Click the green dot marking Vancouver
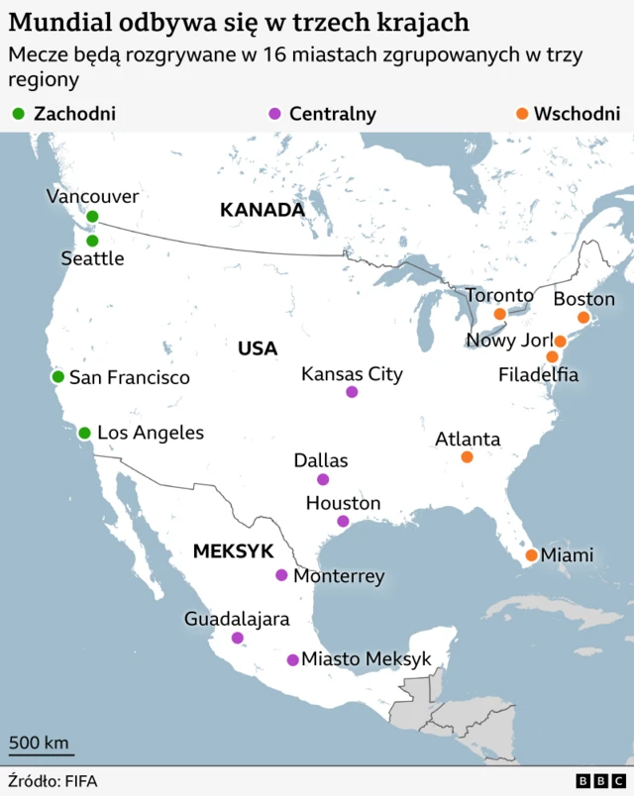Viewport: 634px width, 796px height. point(92,217)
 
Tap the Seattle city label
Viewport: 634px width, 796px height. point(92,258)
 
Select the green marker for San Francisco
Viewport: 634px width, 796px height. point(57,377)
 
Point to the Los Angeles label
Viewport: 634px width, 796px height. point(150,433)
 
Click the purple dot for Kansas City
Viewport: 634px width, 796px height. point(352,392)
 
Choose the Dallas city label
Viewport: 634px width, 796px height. point(321,460)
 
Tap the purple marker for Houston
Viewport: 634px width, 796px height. point(343,522)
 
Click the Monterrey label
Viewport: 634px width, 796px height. point(339,575)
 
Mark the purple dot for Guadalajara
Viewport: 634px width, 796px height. point(237,639)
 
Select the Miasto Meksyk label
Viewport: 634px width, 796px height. point(367,659)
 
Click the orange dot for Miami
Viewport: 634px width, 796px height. point(532,555)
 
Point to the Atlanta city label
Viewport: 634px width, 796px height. point(468,439)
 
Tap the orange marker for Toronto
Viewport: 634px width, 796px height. point(500,314)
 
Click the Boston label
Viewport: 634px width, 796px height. point(583,299)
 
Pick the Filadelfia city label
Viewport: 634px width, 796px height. point(538,375)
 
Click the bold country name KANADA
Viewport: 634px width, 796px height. point(262,210)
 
